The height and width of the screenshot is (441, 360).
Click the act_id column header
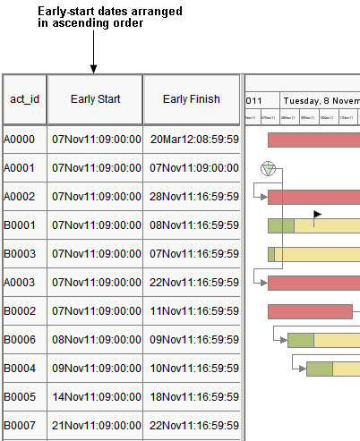tap(24, 99)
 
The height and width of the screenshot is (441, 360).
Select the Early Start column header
tap(95, 99)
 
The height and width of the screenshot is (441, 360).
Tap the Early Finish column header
tap(191, 99)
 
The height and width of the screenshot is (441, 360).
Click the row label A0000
tap(20, 140)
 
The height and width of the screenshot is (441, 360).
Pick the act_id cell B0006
tap(20, 340)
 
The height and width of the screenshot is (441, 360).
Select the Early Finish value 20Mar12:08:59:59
tap(194, 140)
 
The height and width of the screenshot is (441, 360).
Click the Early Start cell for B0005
tap(97, 397)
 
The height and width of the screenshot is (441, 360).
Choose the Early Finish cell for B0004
tap(194, 369)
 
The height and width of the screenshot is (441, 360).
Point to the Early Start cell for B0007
tap(97, 426)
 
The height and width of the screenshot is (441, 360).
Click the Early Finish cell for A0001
tap(194, 168)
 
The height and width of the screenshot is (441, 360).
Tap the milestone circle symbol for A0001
tap(267, 169)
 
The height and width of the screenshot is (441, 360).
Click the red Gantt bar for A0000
tap(313, 140)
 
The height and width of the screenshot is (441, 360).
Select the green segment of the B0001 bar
tap(280, 225)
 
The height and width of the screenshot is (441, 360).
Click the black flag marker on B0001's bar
tap(317, 214)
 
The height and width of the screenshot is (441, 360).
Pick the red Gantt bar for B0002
tap(309, 311)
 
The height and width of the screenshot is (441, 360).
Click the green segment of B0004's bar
tap(320, 369)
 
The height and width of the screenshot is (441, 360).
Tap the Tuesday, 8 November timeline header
tap(321, 100)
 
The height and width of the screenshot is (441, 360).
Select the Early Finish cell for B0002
tap(194, 311)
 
